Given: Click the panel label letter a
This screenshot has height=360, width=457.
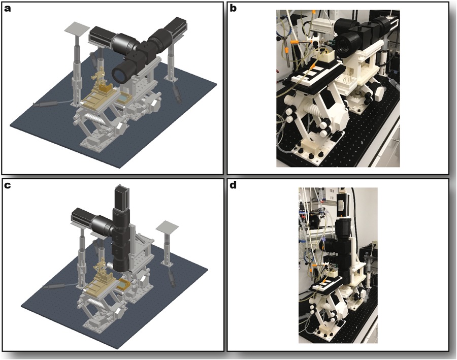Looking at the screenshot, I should (9, 9).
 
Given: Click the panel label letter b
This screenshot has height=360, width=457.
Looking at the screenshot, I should (234, 9).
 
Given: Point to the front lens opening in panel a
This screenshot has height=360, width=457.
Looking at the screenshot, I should (120, 74).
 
